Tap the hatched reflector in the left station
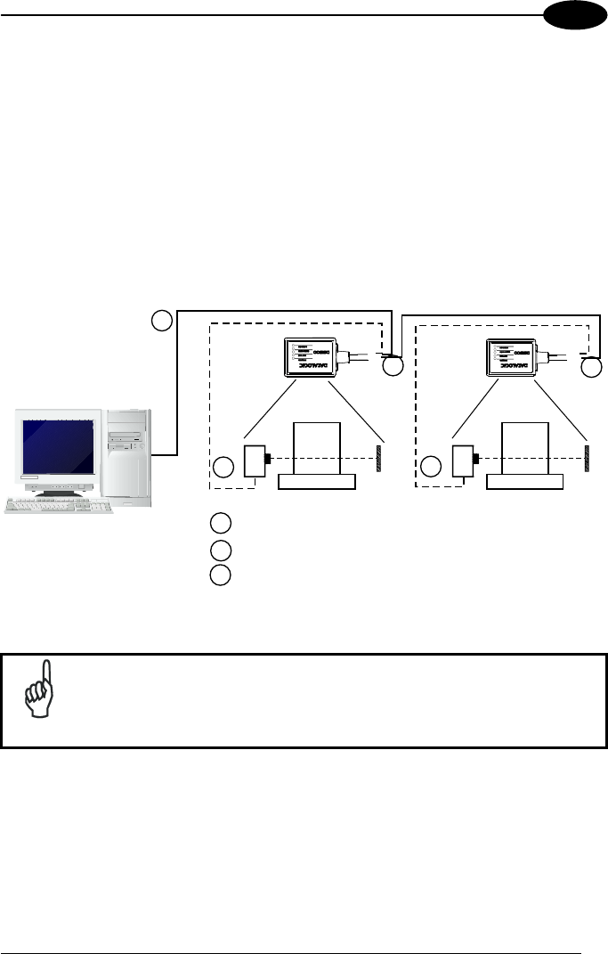pyautogui.click(x=381, y=454)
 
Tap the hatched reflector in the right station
pyautogui.click(x=588, y=454)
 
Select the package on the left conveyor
pyautogui.click(x=317, y=449)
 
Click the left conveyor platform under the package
pyautogui.click(x=317, y=482)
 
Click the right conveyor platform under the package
pyautogui.click(x=525, y=482)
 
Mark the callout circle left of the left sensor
pyautogui.click(x=223, y=466)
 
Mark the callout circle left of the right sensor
pyautogui.click(x=431, y=466)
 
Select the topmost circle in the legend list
pyautogui.click(x=221, y=523)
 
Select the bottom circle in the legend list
pyautogui.click(x=221, y=575)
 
